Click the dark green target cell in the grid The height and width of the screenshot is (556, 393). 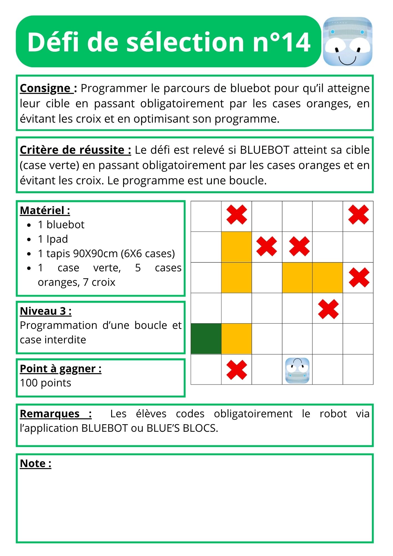point(206,339)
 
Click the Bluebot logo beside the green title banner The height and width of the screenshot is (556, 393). point(347,41)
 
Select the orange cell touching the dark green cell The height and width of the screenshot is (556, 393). point(237,339)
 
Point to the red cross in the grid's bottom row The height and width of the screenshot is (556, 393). point(237,370)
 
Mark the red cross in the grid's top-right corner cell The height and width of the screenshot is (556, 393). point(358,215)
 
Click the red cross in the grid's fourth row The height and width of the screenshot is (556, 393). point(328,309)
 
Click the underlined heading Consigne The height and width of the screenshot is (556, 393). point(45,88)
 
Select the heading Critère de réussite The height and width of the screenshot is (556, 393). point(75,150)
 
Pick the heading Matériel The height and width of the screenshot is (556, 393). point(45,210)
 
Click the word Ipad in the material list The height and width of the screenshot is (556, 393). point(57,239)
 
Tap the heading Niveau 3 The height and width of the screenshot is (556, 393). point(46,311)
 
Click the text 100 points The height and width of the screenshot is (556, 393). point(46,383)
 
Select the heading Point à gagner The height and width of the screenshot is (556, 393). point(61,369)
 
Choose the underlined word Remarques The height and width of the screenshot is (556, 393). point(50,414)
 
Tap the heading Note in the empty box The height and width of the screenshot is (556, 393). point(36,463)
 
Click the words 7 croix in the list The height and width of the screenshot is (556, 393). point(99,282)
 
